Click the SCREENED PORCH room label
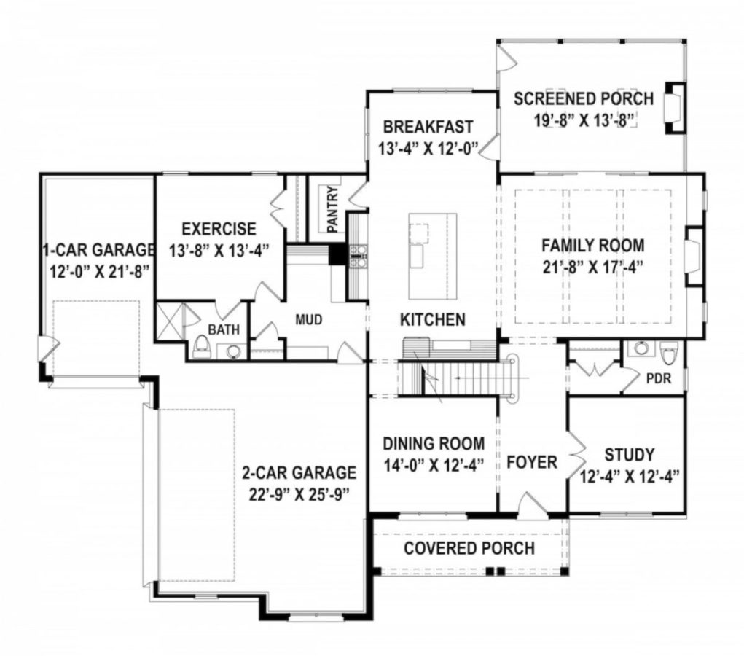click(x=573, y=98)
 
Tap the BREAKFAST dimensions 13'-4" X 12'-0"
click(x=428, y=148)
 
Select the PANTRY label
click(x=332, y=210)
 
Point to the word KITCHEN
click(x=432, y=319)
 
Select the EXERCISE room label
click(x=219, y=229)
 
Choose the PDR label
click(x=657, y=379)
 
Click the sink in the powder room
click(x=641, y=348)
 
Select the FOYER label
click(x=532, y=461)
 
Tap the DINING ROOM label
click(x=433, y=443)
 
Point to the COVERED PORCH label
click(x=469, y=547)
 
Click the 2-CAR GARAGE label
click(x=299, y=472)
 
